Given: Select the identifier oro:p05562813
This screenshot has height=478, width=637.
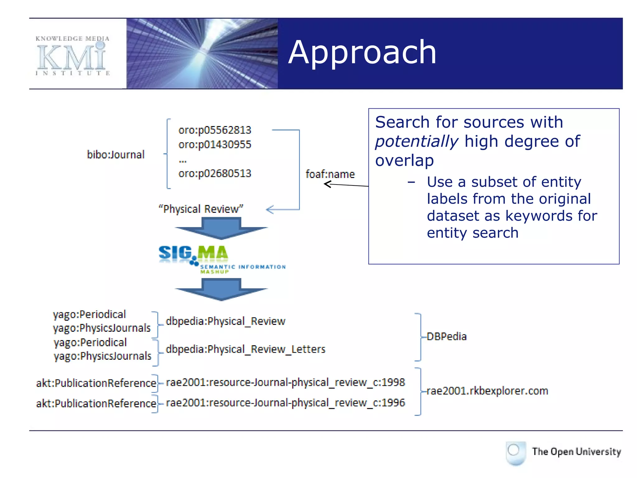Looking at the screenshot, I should click(x=215, y=130).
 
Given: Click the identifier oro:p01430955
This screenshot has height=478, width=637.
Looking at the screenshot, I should click(x=215, y=145).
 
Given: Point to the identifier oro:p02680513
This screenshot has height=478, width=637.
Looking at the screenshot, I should click(x=215, y=173).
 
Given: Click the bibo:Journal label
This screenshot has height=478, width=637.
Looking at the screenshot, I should click(x=116, y=155).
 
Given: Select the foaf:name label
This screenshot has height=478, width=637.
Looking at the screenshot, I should click(x=330, y=174).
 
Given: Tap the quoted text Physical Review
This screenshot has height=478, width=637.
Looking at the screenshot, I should click(x=201, y=209).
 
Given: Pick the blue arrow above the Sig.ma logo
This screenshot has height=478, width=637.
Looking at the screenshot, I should click(x=221, y=228).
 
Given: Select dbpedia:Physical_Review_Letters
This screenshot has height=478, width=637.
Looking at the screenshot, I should click(x=245, y=349).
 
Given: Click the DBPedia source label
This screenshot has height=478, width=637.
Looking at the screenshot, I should click(x=446, y=337).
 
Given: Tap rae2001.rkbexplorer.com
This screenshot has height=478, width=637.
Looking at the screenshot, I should click(x=487, y=391).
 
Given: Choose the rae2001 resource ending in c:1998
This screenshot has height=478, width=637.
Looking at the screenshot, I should click(x=285, y=382).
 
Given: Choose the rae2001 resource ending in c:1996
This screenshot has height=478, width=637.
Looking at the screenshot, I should click(x=285, y=403).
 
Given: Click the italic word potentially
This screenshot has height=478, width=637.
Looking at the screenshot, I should click(x=416, y=142).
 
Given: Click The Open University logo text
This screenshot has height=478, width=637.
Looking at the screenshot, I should click(x=576, y=452).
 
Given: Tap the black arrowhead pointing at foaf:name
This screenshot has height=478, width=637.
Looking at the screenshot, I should click(x=327, y=184).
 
